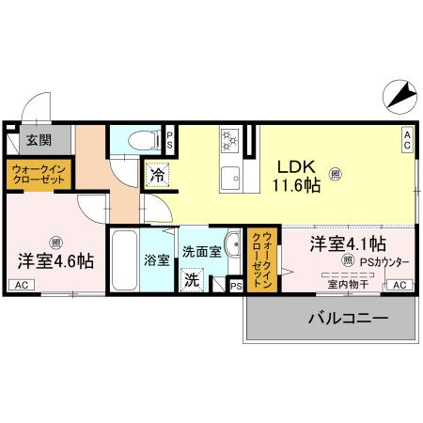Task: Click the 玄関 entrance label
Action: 38,141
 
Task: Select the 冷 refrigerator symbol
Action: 155,174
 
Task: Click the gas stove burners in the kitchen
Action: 228,141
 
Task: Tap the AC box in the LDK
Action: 407,140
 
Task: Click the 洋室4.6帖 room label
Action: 55,260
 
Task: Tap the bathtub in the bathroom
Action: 123,261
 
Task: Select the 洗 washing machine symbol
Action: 192,279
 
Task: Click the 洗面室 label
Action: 200,252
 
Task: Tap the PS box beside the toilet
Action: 170,141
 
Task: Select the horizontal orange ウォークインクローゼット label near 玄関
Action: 38,176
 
